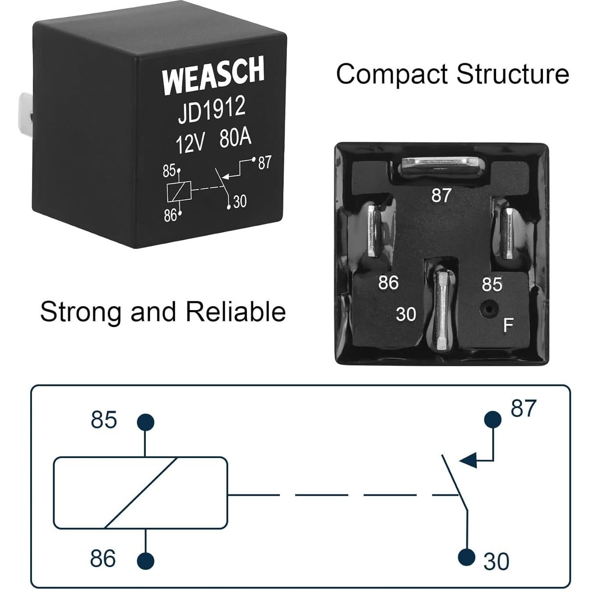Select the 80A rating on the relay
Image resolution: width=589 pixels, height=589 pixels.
pos(235,138)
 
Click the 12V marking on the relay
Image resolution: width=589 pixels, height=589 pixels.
pos(190,143)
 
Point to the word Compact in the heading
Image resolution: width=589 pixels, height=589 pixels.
pos(392,74)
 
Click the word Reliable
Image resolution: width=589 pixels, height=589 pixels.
pos(235,312)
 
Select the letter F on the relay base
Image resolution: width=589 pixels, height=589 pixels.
pos(508,325)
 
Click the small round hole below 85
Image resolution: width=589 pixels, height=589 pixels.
pos(487,309)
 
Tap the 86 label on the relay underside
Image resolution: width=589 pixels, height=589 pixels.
pos(388,283)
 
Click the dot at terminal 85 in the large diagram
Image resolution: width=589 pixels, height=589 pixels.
pos(145,423)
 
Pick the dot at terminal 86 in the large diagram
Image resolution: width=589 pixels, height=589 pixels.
pos(145,561)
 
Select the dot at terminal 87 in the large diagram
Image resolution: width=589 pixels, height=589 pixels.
pos(493,419)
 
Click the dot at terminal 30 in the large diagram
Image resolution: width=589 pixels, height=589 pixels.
pos(467,557)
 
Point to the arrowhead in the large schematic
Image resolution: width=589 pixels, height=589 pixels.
pos(468,461)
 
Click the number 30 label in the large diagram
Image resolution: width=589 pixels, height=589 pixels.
pos(496,561)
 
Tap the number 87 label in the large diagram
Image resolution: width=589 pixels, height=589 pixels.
pos(523,408)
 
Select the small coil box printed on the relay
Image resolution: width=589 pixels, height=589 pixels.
pos(178,191)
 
